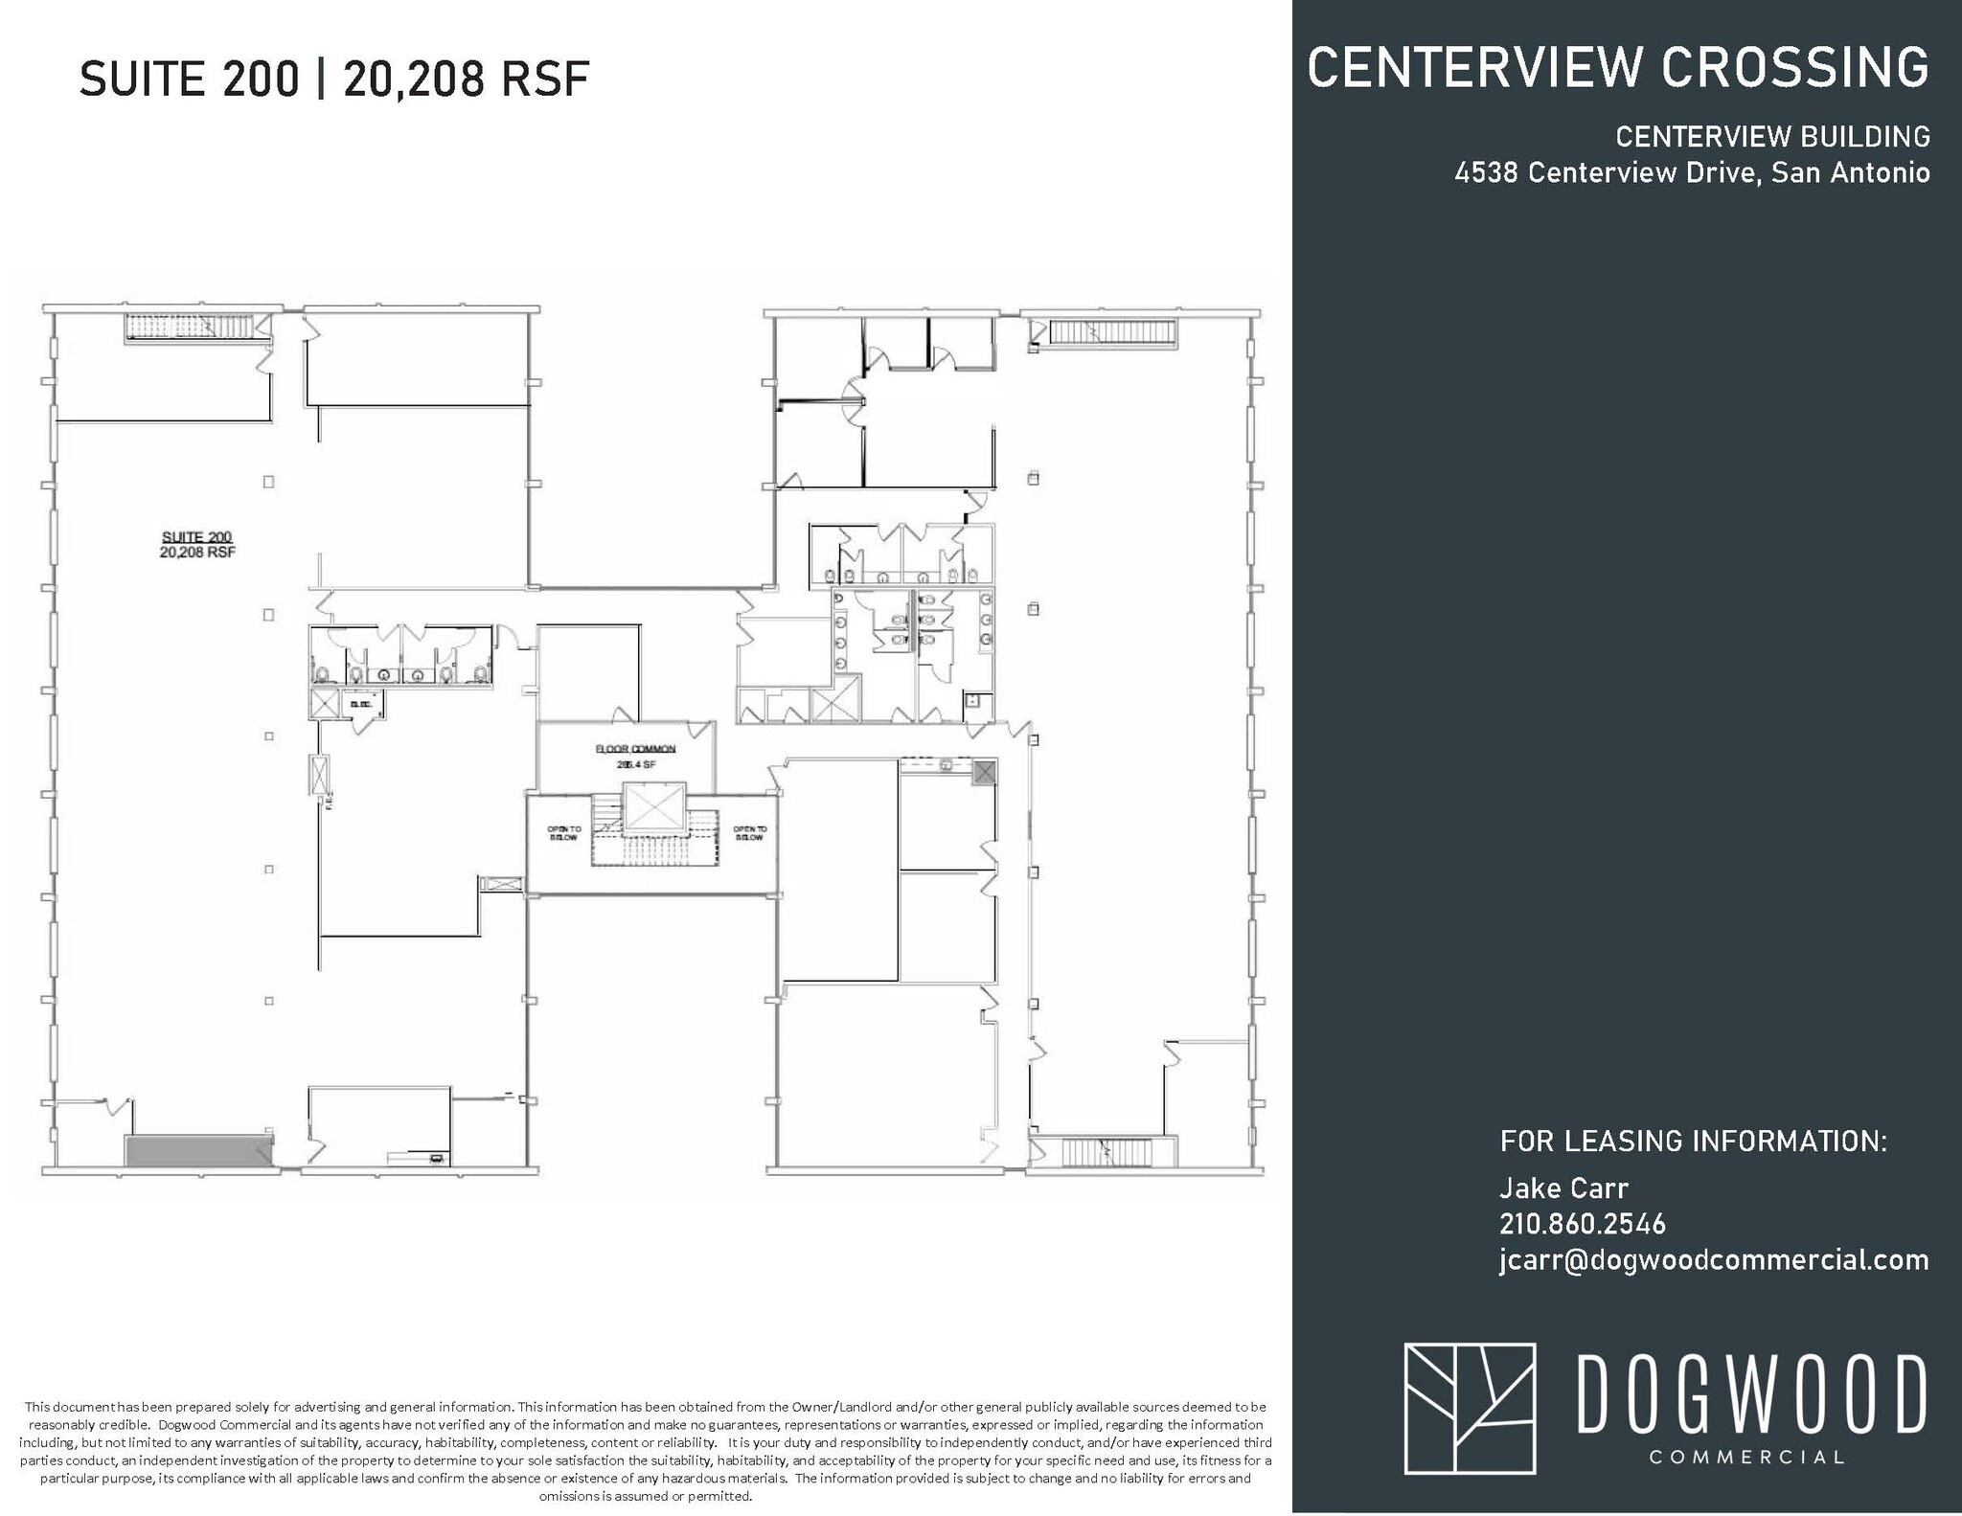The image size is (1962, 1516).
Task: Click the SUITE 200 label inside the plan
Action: click(x=197, y=537)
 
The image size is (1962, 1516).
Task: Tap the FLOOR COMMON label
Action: click(x=636, y=749)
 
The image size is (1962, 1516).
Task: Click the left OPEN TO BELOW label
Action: click(x=563, y=833)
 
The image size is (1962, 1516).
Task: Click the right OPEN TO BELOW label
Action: click(x=749, y=833)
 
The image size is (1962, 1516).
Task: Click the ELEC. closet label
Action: click(x=361, y=705)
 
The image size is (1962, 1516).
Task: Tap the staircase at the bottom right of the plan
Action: click(x=1105, y=1152)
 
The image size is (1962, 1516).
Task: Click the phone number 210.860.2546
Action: click(x=1582, y=1224)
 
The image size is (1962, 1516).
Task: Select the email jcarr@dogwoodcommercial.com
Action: click(x=1713, y=1260)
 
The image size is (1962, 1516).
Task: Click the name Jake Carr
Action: click(x=1563, y=1188)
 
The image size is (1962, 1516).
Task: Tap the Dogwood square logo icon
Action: click(x=1469, y=1408)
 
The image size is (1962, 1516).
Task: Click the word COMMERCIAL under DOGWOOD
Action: click(x=1746, y=1458)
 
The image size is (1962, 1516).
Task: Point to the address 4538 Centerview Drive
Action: click(x=1606, y=173)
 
